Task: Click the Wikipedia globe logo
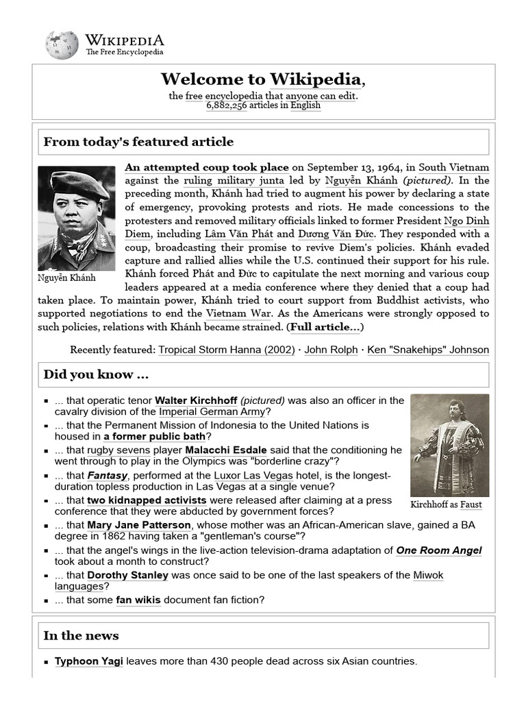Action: click(62, 44)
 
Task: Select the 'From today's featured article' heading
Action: click(138, 142)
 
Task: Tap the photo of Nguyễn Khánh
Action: click(77, 218)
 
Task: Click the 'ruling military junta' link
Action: click(231, 181)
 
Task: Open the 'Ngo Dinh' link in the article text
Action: click(466, 220)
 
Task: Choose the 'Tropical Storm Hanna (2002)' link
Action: click(227, 350)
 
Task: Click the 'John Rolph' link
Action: click(331, 350)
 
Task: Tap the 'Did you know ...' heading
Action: click(96, 374)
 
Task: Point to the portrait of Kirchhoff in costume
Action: click(449, 445)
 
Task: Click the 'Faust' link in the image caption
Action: click(471, 505)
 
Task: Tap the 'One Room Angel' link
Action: click(439, 550)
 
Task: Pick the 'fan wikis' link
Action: click(138, 600)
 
